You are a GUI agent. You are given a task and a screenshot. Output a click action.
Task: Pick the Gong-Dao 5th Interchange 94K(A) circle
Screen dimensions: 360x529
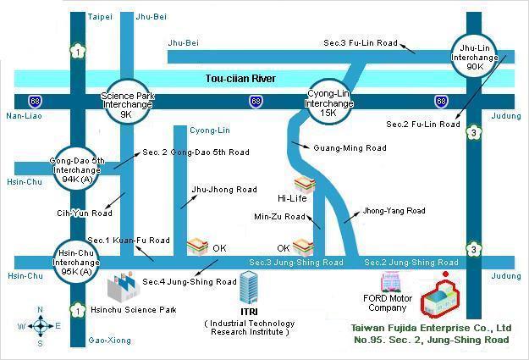click(x=77, y=168)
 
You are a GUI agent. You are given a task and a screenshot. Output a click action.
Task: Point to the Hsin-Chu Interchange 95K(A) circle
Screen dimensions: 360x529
click(x=77, y=259)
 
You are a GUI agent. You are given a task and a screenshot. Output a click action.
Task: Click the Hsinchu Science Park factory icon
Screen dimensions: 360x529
click(x=129, y=289)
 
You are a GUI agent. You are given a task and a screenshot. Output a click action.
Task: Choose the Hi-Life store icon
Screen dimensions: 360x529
click(x=304, y=184)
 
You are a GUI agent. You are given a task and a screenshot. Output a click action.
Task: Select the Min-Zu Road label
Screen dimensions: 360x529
click(x=279, y=217)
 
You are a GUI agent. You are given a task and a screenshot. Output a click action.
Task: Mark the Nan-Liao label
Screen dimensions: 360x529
click(x=22, y=115)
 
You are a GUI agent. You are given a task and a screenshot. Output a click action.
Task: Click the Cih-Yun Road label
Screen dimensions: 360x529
click(x=84, y=213)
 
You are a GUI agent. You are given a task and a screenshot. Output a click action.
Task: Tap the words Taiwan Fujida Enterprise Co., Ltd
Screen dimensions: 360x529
click(x=431, y=327)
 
